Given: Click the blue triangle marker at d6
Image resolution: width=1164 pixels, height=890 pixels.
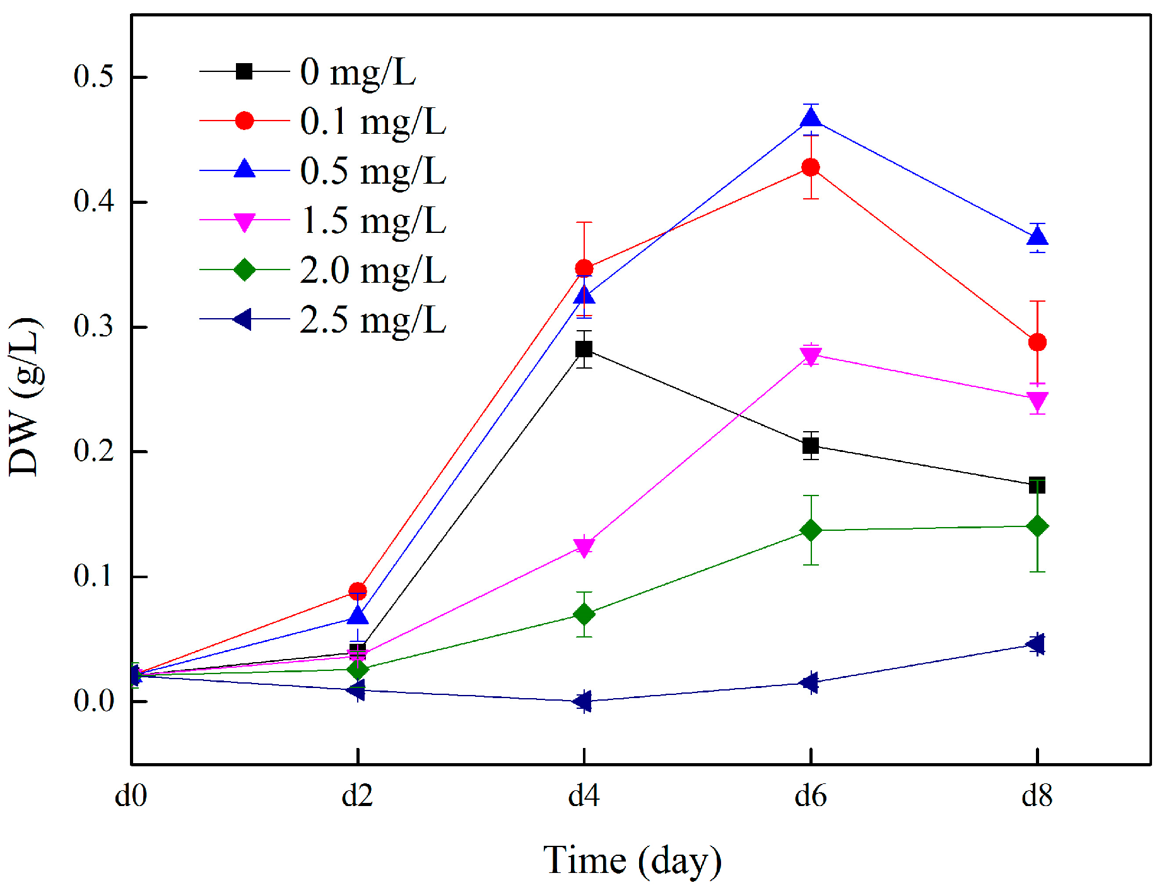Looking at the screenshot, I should coord(811,117).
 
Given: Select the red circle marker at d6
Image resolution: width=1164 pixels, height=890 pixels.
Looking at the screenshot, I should coord(811,167).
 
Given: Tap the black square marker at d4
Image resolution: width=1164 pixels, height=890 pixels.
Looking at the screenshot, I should coord(584,348).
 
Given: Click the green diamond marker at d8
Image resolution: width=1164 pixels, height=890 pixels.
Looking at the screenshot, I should coord(1037,526).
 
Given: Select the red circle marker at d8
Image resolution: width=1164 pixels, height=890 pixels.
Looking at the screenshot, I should coord(1037,342).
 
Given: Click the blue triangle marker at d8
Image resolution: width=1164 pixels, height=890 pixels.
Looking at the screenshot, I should coord(1037,238).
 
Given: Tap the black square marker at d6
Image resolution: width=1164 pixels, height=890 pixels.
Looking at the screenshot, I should coord(811,446).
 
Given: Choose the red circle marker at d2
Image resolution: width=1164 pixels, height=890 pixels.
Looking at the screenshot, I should coord(358,591).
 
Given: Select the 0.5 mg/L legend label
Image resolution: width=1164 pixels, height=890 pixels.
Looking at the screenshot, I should coord(373,170).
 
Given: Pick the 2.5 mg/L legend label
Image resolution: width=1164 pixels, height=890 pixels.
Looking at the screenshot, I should coord(373,319).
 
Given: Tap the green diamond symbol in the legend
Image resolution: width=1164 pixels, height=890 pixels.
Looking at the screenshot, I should coord(244,270).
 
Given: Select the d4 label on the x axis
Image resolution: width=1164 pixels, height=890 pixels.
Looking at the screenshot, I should coord(584,796).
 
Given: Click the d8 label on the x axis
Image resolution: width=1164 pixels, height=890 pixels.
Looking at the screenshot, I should coord(1037,796).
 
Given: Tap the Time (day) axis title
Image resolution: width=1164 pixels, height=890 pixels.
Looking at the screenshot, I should coord(632,860).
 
